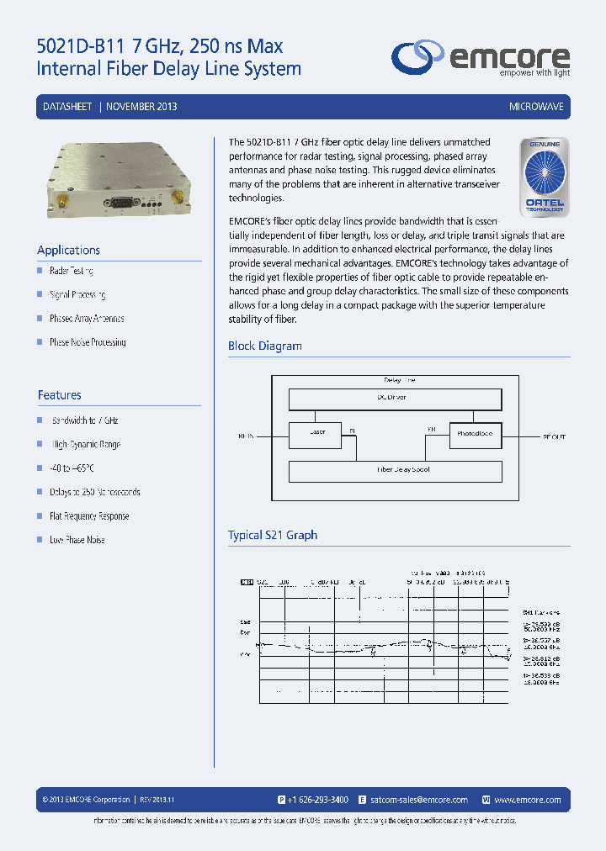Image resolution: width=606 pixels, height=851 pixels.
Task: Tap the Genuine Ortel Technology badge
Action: click(545, 177)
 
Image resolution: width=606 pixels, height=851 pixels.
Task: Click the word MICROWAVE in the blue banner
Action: click(536, 108)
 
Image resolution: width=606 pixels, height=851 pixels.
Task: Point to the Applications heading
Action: click(68, 250)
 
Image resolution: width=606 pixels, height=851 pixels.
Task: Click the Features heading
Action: click(59, 394)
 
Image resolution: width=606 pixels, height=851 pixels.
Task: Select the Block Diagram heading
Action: click(264, 346)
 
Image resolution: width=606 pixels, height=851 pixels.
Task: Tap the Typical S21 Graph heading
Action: click(273, 535)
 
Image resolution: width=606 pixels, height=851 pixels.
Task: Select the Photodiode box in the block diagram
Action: click(475, 434)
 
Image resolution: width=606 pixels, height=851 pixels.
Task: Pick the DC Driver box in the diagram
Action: click(395, 399)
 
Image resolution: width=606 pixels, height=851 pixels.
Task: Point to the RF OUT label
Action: click(554, 436)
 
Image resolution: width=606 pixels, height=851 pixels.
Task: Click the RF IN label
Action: click(246, 436)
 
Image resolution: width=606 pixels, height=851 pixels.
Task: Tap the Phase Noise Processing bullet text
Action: click(88, 342)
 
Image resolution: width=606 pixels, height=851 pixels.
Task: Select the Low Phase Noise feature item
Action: click(77, 540)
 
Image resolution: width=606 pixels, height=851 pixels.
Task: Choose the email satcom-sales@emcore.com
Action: click(418, 800)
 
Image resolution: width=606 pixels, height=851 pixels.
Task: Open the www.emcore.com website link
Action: click(528, 800)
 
